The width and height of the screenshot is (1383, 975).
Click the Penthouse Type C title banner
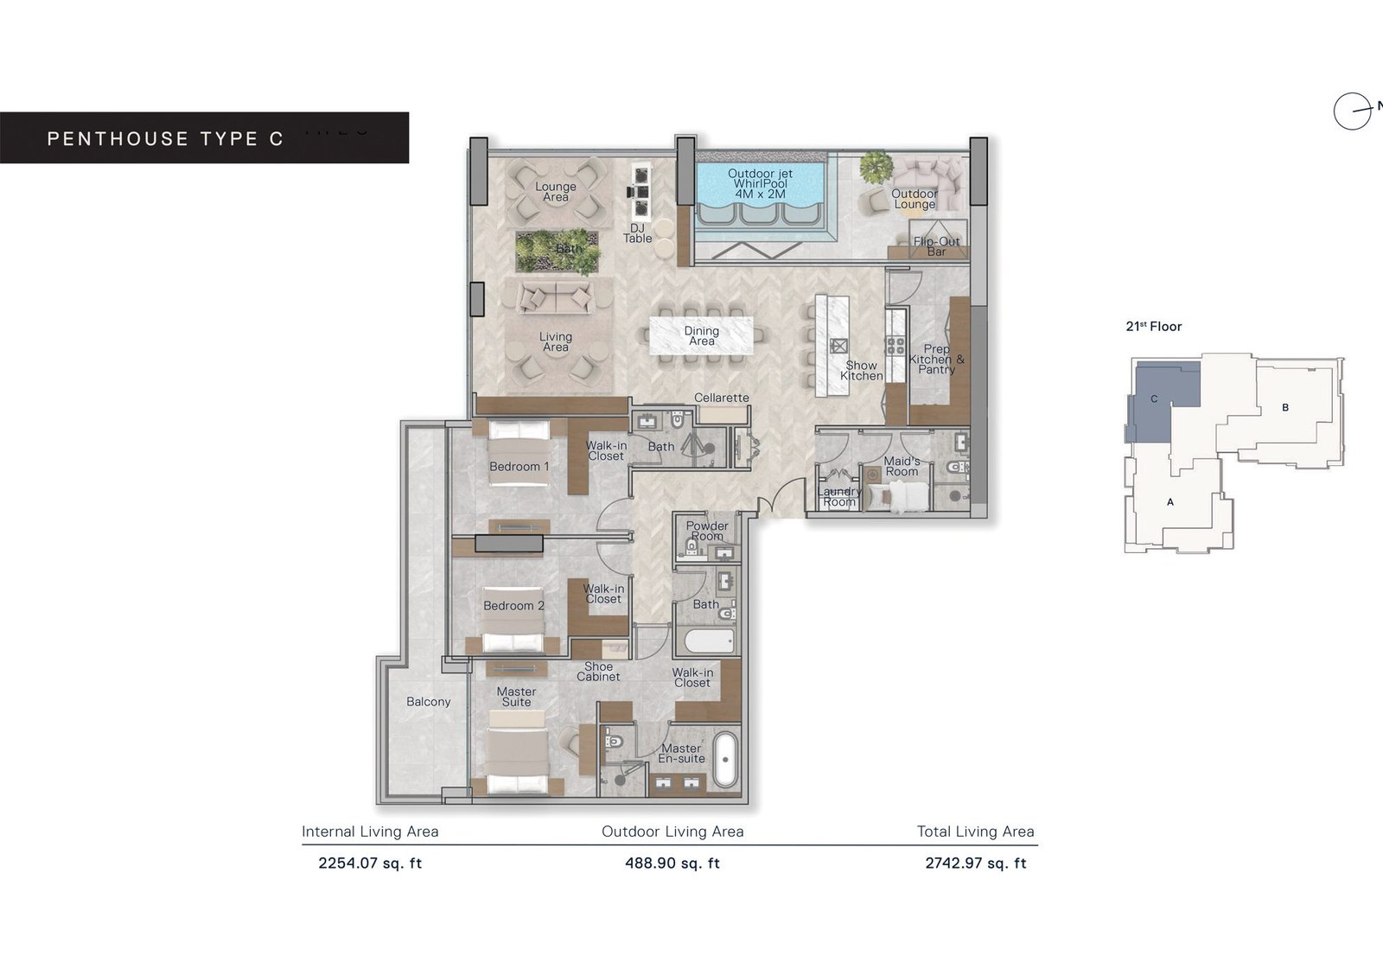coord(203,138)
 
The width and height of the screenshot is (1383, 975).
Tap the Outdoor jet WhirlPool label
coord(760,184)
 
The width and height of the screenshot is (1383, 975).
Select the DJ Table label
coord(638,233)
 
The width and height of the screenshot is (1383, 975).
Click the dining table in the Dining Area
coord(701,335)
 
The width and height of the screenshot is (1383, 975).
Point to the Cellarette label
coord(722,398)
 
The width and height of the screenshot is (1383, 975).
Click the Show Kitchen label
coord(862,371)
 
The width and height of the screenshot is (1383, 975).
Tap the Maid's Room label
coord(902,467)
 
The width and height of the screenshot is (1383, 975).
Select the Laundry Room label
coord(838,497)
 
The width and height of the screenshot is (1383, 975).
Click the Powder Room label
coord(707,531)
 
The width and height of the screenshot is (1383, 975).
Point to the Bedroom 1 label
coord(519,467)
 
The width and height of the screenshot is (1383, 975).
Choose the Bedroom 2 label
coord(513,606)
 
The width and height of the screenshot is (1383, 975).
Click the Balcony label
coord(429,702)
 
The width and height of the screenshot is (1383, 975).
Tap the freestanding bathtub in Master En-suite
coord(724,760)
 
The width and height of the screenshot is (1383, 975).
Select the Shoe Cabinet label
coord(598,672)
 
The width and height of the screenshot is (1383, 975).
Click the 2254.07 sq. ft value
coord(370,863)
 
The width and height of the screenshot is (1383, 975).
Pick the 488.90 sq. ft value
coord(672,863)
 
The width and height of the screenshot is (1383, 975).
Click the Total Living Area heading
coord(975,832)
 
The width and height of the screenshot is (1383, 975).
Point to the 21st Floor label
coord(1153,327)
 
